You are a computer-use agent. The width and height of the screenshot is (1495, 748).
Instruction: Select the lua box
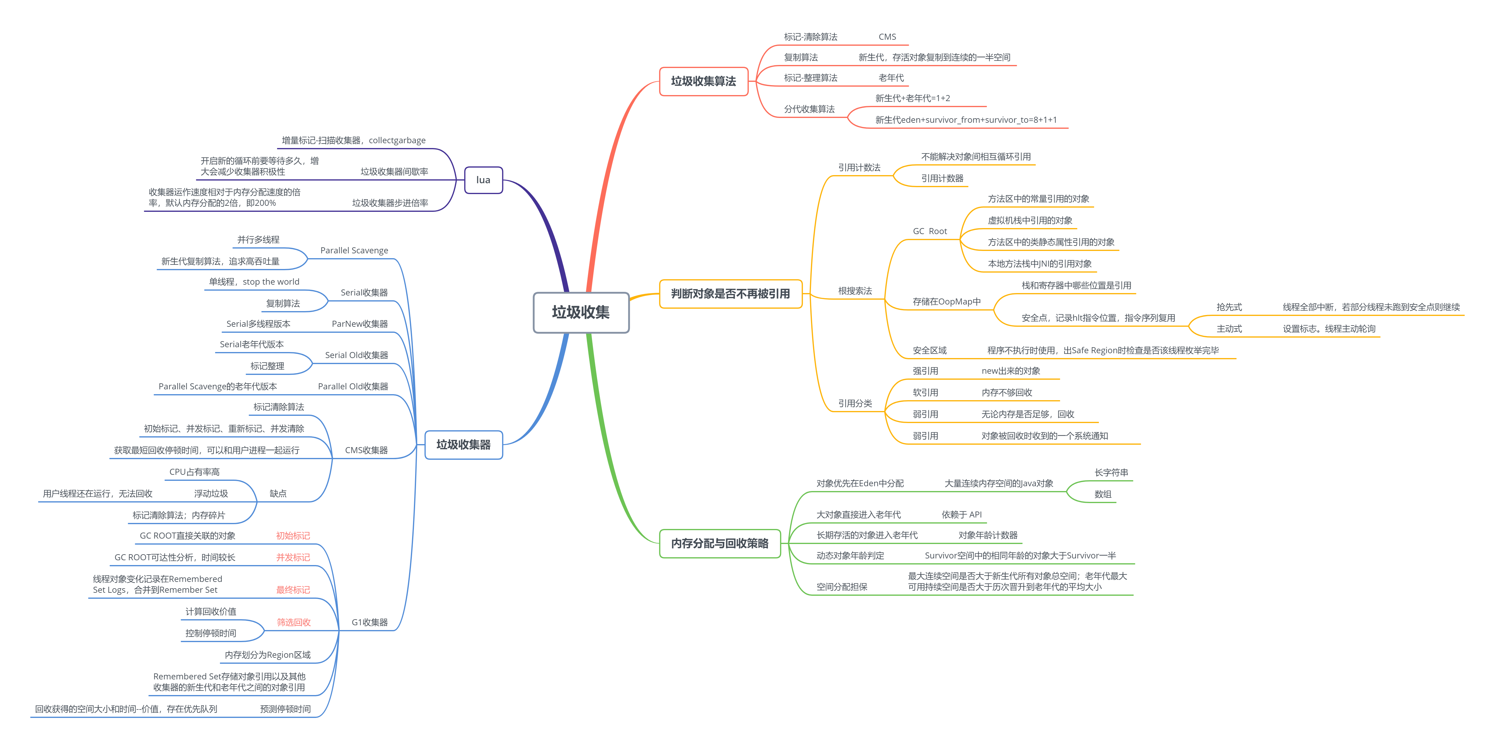click(483, 180)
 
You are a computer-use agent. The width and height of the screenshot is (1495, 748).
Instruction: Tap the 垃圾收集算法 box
click(703, 81)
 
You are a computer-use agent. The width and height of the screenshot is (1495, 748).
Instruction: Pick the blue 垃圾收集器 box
click(464, 444)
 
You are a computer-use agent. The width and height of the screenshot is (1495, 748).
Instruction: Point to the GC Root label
click(930, 231)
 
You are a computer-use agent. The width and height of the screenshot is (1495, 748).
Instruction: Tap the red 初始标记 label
click(293, 536)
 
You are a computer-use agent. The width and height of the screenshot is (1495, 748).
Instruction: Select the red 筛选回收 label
click(294, 622)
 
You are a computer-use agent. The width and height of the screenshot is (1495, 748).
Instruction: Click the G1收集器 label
click(370, 622)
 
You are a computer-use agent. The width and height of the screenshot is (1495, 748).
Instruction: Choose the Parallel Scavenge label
click(354, 250)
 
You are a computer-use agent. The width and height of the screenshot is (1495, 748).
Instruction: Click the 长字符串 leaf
click(1111, 472)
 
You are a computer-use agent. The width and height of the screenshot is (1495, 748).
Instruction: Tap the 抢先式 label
click(1229, 307)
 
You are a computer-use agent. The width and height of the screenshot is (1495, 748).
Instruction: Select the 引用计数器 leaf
click(942, 178)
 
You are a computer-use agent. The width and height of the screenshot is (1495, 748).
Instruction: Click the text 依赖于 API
click(962, 514)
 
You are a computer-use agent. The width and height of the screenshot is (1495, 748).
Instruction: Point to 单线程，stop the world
click(254, 281)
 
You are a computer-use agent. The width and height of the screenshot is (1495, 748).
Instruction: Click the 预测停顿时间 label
click(285, 709)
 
